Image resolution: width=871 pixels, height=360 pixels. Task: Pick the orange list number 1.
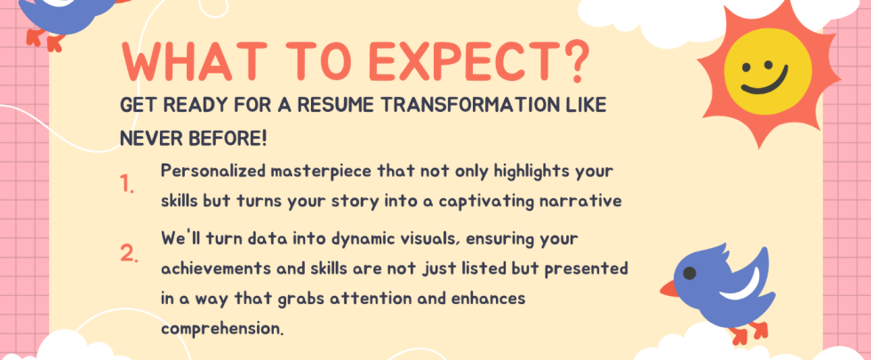(x=128, y=186)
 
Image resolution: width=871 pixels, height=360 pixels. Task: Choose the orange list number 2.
(x=129, y=254)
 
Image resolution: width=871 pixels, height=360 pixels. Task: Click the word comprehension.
(x=222, y=328)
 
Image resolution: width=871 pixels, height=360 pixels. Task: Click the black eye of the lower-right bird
(x=690, y=273)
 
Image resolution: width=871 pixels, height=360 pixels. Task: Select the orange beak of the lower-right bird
(x=668, y=288)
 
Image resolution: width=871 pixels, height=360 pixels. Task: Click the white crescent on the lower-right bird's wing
(x=743, y=284)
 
